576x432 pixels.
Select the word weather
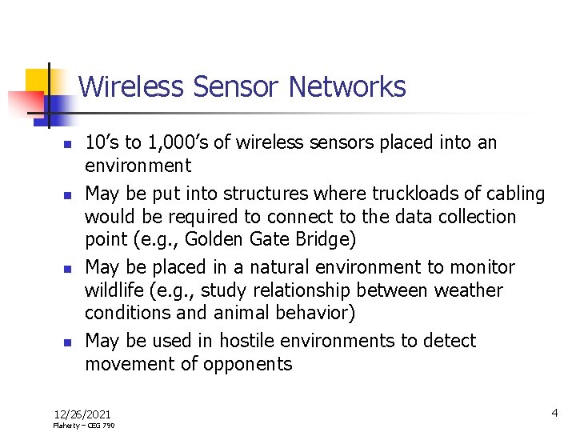(x=466, y=290)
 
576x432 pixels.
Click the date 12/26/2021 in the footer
(x=82, y=414)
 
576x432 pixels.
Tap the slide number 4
(x=554, y=413)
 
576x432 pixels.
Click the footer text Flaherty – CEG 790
(x=83, y=426)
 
